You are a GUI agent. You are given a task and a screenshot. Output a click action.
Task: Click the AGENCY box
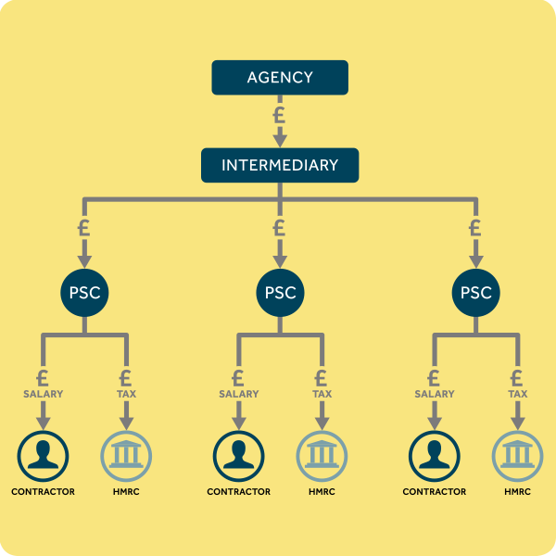coord(280,77)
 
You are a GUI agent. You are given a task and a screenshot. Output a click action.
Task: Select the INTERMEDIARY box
coord(280,165)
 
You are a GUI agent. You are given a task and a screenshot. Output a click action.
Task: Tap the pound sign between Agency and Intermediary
coord(280,115)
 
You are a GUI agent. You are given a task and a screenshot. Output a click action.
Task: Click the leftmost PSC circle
coord(84,293)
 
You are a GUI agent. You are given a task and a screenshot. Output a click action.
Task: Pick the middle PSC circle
coord(280,293)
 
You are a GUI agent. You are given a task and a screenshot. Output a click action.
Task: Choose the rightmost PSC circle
coord(476,293)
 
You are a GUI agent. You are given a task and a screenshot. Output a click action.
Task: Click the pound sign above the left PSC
coord(84,228)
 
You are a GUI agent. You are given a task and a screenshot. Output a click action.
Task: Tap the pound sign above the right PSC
coord(475,228)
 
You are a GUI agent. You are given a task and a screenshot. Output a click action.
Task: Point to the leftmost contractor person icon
coord(43,456)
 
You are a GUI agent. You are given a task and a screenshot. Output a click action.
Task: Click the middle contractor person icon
coord(239,456)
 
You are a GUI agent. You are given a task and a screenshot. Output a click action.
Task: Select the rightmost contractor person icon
coord(435,456)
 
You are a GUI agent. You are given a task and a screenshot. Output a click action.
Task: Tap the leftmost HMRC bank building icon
coord(126,456)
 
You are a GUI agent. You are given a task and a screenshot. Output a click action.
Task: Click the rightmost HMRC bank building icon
coord(518,456)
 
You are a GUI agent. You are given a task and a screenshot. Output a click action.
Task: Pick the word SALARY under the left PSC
coord(43,394)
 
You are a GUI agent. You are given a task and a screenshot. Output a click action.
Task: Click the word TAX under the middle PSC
coord(322,394)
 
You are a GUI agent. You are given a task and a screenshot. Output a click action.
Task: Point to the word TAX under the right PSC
coord(518,394)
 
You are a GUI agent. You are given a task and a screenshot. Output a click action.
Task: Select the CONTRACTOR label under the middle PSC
coord(239,491)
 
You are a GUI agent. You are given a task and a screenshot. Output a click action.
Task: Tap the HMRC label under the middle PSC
coord(322,491)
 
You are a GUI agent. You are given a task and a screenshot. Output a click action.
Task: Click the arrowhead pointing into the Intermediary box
coord(280,141)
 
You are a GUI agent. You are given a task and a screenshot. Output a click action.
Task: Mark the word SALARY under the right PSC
coord(435,394)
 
